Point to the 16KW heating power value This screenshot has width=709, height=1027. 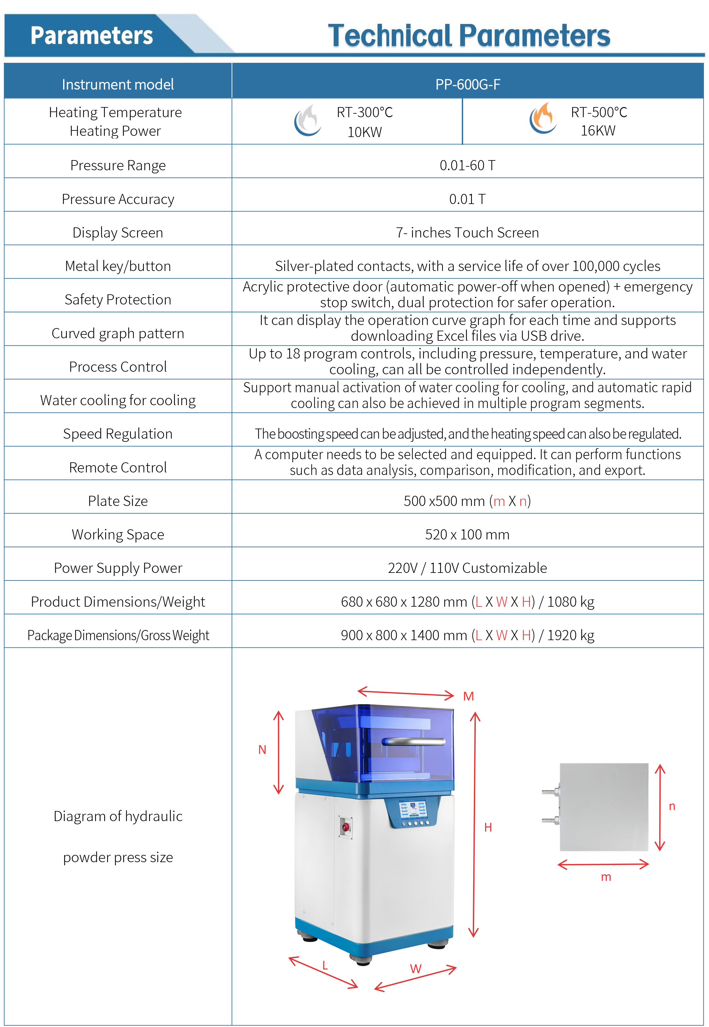pyautogui.click(x=598, y=131)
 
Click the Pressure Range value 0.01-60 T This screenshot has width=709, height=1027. pyautogui.click(x=467, y=165)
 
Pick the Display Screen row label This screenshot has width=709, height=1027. pyautogui.click(x=118, y=232)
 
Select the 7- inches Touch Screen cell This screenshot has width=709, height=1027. pyautogui.click(x=467, y=232)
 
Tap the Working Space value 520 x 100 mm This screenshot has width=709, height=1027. pyautogui.click(x=467, y=534)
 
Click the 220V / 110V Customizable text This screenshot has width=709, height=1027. pyautogui.click(x=467, y=568)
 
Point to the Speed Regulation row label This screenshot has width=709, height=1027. pyautogui.click(x=118, y=434)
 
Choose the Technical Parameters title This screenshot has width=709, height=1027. pyautogui.click(x=469, y=36)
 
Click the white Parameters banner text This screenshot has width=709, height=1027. pyautogui.click(x=92, y=36)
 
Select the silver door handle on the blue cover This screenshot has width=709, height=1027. pyautogui.click(x=413, y=741)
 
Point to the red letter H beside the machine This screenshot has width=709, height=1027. pyautogui.click(x=488, y=827)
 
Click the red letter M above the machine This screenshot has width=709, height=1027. pyautogui.click(x=468, y=696)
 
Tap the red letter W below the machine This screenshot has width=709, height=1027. pyautogui.click(x=415, y=969)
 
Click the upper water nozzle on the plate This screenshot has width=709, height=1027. pyautogui.click(x=550, y=792)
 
